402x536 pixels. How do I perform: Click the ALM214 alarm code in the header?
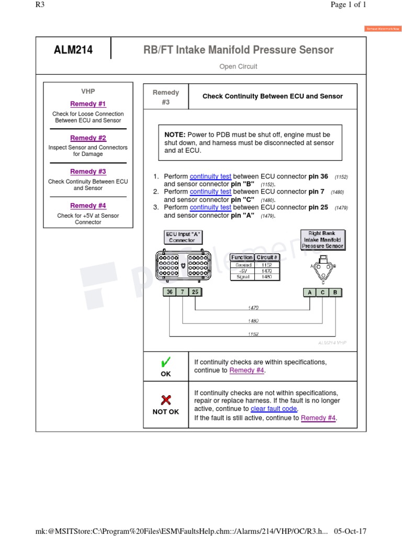click(73, 50)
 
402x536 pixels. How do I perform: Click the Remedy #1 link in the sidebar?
click(88, 104)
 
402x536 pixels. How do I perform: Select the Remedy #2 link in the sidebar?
click(88, 138)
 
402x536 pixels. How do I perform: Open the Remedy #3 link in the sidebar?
click(88, 172)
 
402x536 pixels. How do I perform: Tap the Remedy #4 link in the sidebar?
click(88, 206)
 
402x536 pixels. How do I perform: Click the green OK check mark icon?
click(165, 362)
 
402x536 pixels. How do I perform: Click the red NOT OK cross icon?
click(165, 400)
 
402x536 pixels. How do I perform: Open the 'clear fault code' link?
click(274, 409)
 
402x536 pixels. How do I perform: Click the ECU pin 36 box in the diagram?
click(170, 292)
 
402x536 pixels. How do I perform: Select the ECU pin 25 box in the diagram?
click(195, 292)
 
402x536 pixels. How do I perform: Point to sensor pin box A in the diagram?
click(310, 292)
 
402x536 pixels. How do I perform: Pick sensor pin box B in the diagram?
click(336, 292)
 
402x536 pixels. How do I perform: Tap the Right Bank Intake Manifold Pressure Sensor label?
click(322, 239)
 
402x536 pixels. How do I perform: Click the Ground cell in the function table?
click(243, 265)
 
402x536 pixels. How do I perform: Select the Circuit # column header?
click(267, 258)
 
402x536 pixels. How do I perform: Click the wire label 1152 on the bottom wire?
click(253, 333)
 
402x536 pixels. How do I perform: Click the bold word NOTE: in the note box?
click(175, 135)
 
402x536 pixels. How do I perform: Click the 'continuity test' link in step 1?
click(210, 177)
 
